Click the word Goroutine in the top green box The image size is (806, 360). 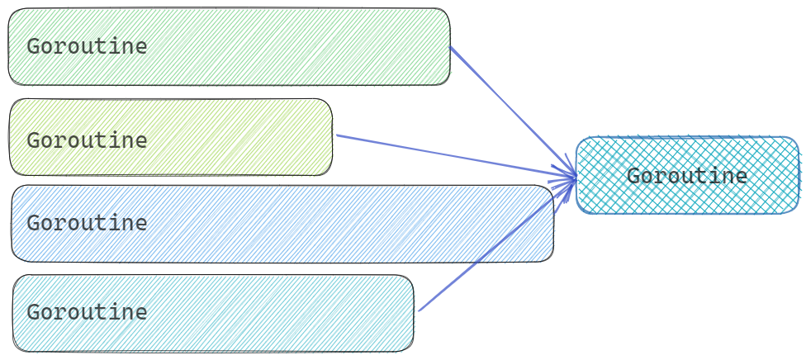pos(87,46)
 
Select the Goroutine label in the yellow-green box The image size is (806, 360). pos(87,140)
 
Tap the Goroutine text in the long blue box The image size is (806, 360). pos(87,223)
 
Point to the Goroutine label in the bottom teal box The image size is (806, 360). pos(87,312)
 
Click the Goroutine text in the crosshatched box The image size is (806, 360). pos(687,176)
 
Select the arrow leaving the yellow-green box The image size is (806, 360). pos(454,155)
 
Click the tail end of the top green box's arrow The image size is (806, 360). pos(452,48)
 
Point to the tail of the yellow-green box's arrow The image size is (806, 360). pos(338,135)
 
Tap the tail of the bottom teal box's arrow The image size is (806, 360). pos(420,310)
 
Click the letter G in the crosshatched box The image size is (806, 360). pos(633,176)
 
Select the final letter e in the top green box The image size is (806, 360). pos(141,47)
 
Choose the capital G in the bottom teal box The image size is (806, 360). pos(33,312)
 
